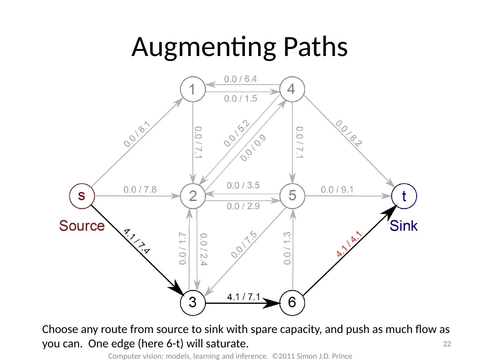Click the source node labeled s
(82, 196)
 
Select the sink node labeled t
(404, 196)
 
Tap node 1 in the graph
(193, 89)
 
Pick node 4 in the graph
(292, 89)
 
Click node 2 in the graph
(193, 196)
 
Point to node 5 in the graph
(292, 196)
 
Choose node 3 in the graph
(193, 303)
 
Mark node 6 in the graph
(292, 303)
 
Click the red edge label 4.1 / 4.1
(349, 244)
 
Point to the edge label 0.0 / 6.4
(240, 79)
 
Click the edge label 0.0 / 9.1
(337, 189)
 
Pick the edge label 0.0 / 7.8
(140, 189)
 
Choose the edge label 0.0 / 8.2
(349, 133)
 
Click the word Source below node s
(82, 226)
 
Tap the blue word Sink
(404, 226)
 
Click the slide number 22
(447, 344)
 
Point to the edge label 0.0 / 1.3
(287, 248)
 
